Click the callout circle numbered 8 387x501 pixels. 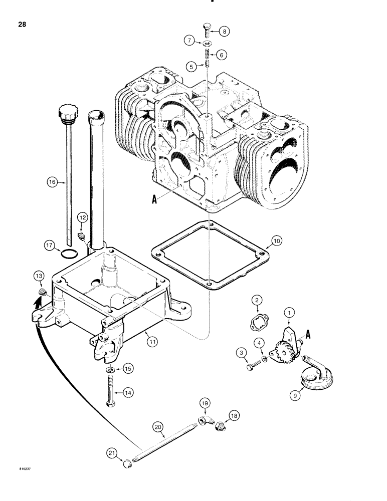click(224, 31)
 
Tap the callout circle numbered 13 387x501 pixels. click(39, 275)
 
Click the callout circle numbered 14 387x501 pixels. click(129, 393)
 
